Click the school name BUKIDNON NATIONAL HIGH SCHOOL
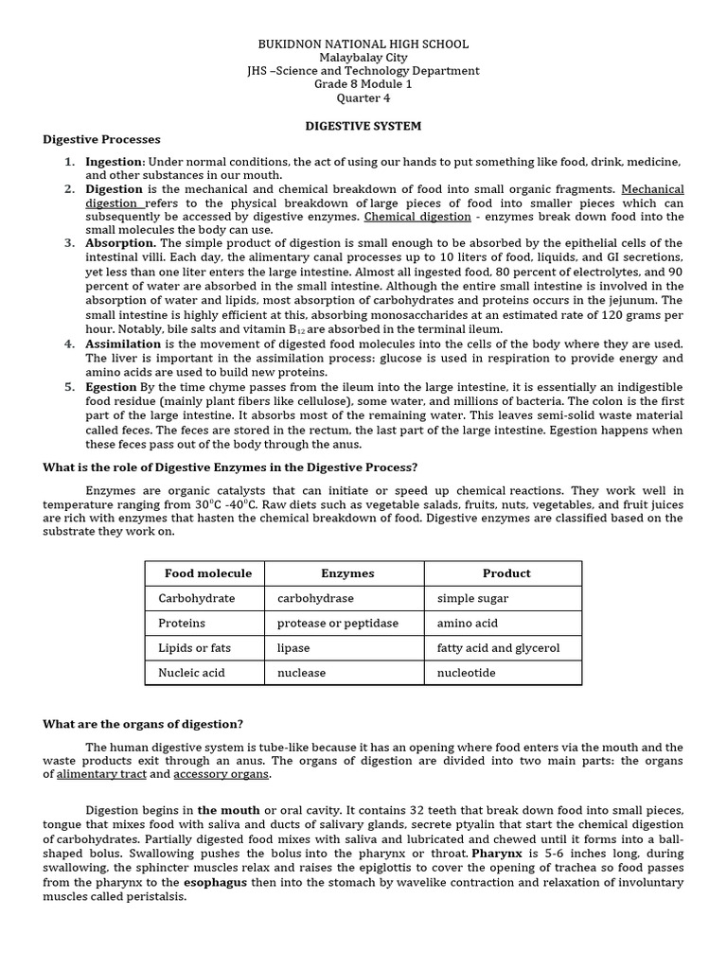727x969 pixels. [x=363, y=44]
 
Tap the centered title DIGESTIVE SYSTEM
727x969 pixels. [x=363, y=126]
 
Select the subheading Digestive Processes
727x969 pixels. [x=101, y=140]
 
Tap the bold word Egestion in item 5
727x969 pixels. [x=111, y=387]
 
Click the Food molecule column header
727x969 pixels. [x=207, y=573]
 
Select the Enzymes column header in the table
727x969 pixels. [x=347, y=573]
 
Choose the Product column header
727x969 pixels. [x=506, y=573]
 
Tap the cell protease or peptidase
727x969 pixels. [x=337, y=624]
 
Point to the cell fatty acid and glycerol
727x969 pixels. [x=498, y=648]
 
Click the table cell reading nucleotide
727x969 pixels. [x=466, y=673]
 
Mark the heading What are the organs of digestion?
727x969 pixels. [x=143, y=724]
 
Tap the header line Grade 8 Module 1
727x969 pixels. [x=363, y=84]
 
